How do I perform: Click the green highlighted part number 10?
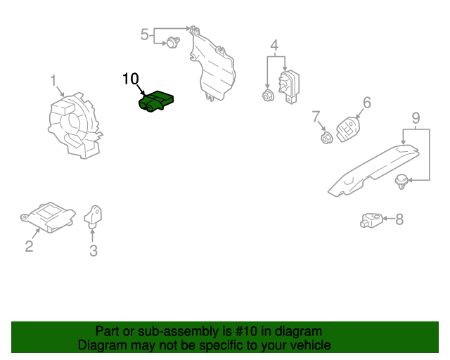pyautogui.click(x=157, y=102)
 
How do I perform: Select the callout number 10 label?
pyautogui.click(x=131, y=79)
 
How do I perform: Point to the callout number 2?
pyautogui.click(x=29, y=245)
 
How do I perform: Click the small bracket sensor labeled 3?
pyautogui.click(x=93, y=214)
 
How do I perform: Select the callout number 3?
pyautogui.click(x=93, y=250)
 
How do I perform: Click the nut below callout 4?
pyautogui.click(x=266, y=96)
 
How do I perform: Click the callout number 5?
pyautogui.click(x=145, y=34)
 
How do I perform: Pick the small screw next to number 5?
pyautogui.click(x=171, y=44)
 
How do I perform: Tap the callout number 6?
pyautogui.click(x=366, y=103)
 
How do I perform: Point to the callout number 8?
pyautogui.click(x=399, y=220)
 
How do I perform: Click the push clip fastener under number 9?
pyautogui.click(x=402, y=181)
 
